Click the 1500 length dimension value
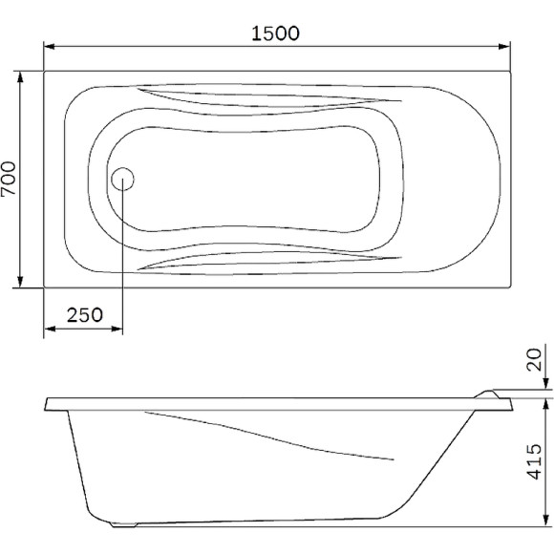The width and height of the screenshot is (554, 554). (x=275, y=32)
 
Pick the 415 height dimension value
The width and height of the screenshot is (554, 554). (x=534, y=463)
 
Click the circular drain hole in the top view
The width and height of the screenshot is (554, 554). (x=123, y=178)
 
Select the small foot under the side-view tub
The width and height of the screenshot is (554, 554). (x=124, y=524)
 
